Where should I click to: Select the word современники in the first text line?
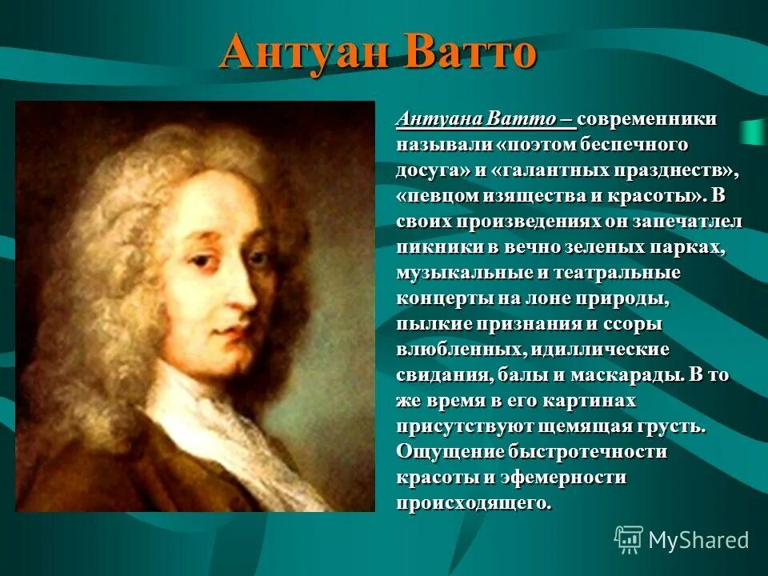click(x=647, y=119)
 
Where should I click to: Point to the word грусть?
click(x=673, y=426)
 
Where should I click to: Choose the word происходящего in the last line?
click(x=474, y=503)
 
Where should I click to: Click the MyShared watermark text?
click(x=698, y=540)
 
